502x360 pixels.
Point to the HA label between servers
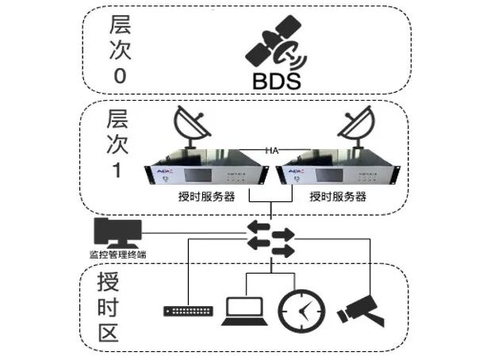(272, 150)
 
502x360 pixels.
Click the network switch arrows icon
(270, 238)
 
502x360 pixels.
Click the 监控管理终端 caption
(117, 255)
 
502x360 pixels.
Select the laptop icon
(246, 309)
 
